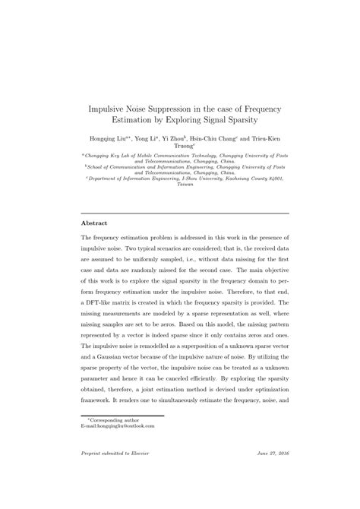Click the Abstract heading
94,223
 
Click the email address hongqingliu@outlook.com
117,426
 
